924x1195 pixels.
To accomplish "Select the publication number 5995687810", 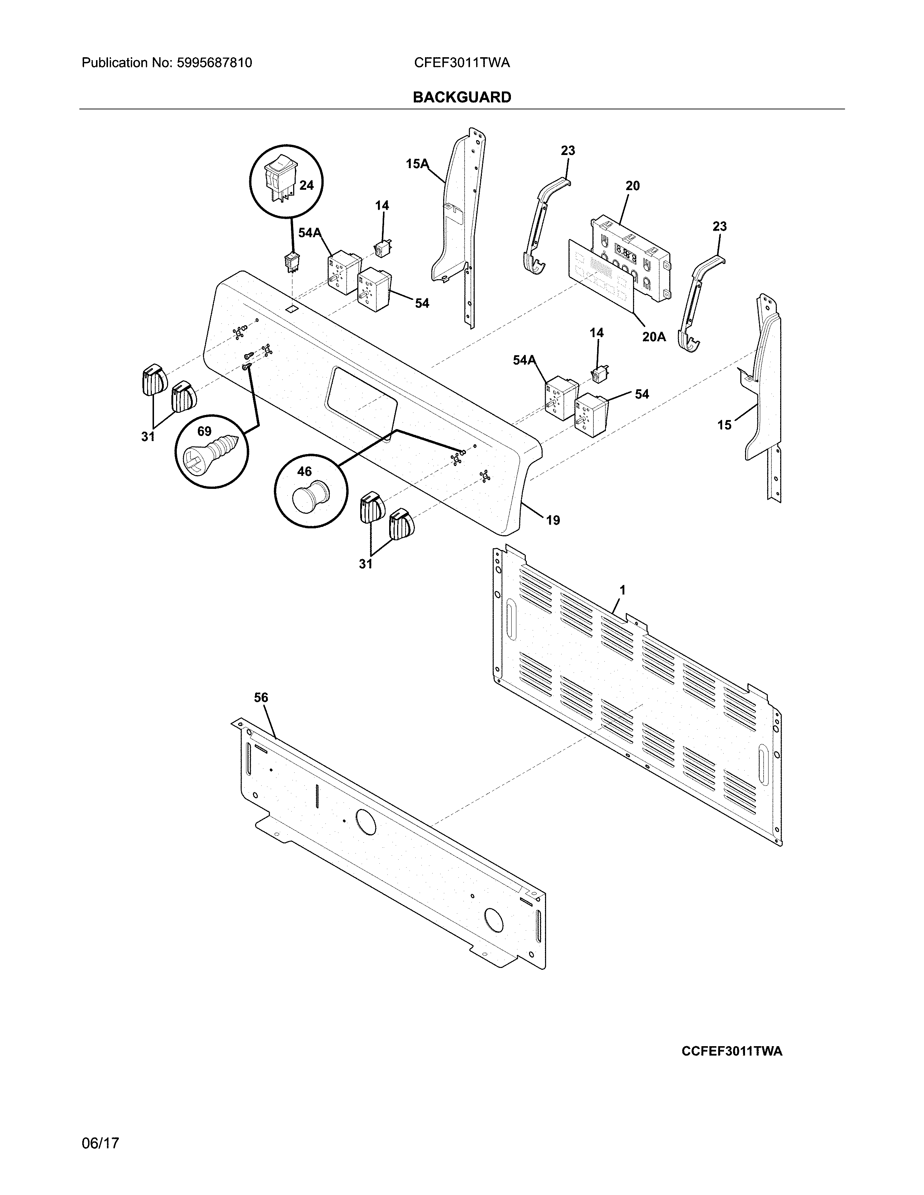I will tap(214, 63).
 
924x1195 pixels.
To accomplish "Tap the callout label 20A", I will tap(654, 336).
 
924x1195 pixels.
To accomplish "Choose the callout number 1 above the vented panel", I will tap(622, 590).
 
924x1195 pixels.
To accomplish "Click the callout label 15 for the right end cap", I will tap(724, 425).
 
